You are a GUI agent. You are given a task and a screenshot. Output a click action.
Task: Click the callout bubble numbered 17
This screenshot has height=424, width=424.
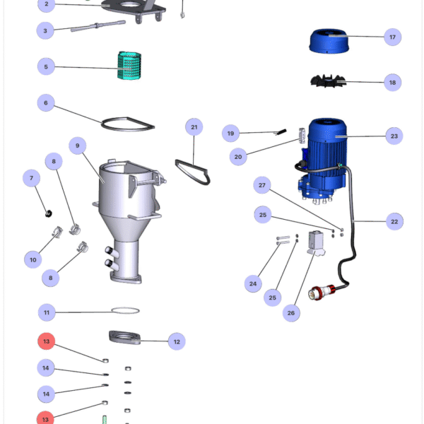[x=392, y=36]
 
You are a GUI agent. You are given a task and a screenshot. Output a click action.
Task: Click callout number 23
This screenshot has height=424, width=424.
[x=394, y=136]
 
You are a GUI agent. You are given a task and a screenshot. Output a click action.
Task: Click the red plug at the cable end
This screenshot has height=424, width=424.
[x=326, y=291]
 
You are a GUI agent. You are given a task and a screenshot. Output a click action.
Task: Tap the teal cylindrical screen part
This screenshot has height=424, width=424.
[x=130, y=66]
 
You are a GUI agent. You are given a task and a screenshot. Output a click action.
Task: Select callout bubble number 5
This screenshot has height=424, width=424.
[x=47, y=67]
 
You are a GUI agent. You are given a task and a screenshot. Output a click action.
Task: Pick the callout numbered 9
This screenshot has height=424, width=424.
[x=78, y=146]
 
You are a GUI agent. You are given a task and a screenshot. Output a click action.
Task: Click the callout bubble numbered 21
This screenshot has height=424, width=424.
[x=194, y=128]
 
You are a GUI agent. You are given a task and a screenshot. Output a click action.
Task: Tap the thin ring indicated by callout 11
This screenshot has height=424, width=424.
[x=126, y=310]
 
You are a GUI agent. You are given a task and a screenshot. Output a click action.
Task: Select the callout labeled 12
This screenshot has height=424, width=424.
[x=177, y=342]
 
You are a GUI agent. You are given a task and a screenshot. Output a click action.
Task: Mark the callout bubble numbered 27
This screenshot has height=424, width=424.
[x=263, y=186]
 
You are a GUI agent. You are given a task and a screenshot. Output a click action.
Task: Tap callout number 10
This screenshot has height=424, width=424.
[x=33, y=260]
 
